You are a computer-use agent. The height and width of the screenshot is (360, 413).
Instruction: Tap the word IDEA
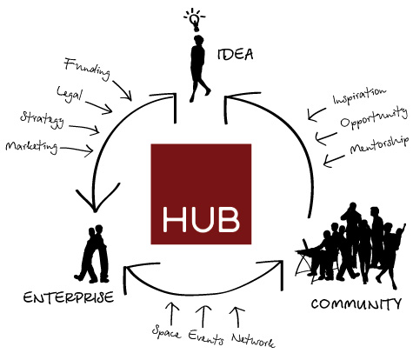[x=235, y=54]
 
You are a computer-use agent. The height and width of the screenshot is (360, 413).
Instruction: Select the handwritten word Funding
[x=87, y=69]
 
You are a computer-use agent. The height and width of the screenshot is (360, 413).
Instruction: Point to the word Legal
[x=70, y=94]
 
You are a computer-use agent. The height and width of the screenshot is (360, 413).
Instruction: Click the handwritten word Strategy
[x=43, y=119]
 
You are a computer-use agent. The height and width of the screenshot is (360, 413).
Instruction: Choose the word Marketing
[x=31, y=146]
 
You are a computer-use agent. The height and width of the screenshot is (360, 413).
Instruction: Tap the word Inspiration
[x=360, y=96]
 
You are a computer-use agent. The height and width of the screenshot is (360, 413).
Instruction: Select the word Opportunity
[x=374, y=117]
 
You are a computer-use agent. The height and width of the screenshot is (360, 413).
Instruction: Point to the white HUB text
[x=201, y=219]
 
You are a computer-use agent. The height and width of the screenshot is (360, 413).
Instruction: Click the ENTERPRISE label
[x=69, y=297]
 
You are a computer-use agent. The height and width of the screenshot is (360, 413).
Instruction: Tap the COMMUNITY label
[x=356, y=303]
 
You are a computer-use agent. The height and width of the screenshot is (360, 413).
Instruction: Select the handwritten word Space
[x=166, y=332]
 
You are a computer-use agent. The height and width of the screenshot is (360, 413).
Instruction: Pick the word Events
[x=206, y=337]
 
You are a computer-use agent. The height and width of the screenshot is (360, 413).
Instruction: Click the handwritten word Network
[x=253, y=340]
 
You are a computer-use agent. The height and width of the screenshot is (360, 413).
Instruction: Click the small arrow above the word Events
[x=203, y=316]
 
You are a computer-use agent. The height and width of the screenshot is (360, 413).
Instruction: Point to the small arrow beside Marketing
[x=77, y=149]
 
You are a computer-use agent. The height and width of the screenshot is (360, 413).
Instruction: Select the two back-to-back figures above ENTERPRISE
[x=93, y=254]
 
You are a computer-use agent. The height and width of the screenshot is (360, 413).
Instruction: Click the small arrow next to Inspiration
[x=316, y=114]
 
